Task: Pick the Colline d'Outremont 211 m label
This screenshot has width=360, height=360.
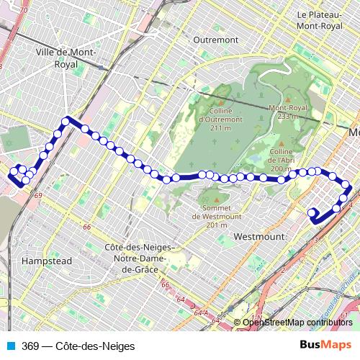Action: pos(214,120)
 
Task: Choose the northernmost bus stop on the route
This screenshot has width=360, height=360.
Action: pos(66,121)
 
